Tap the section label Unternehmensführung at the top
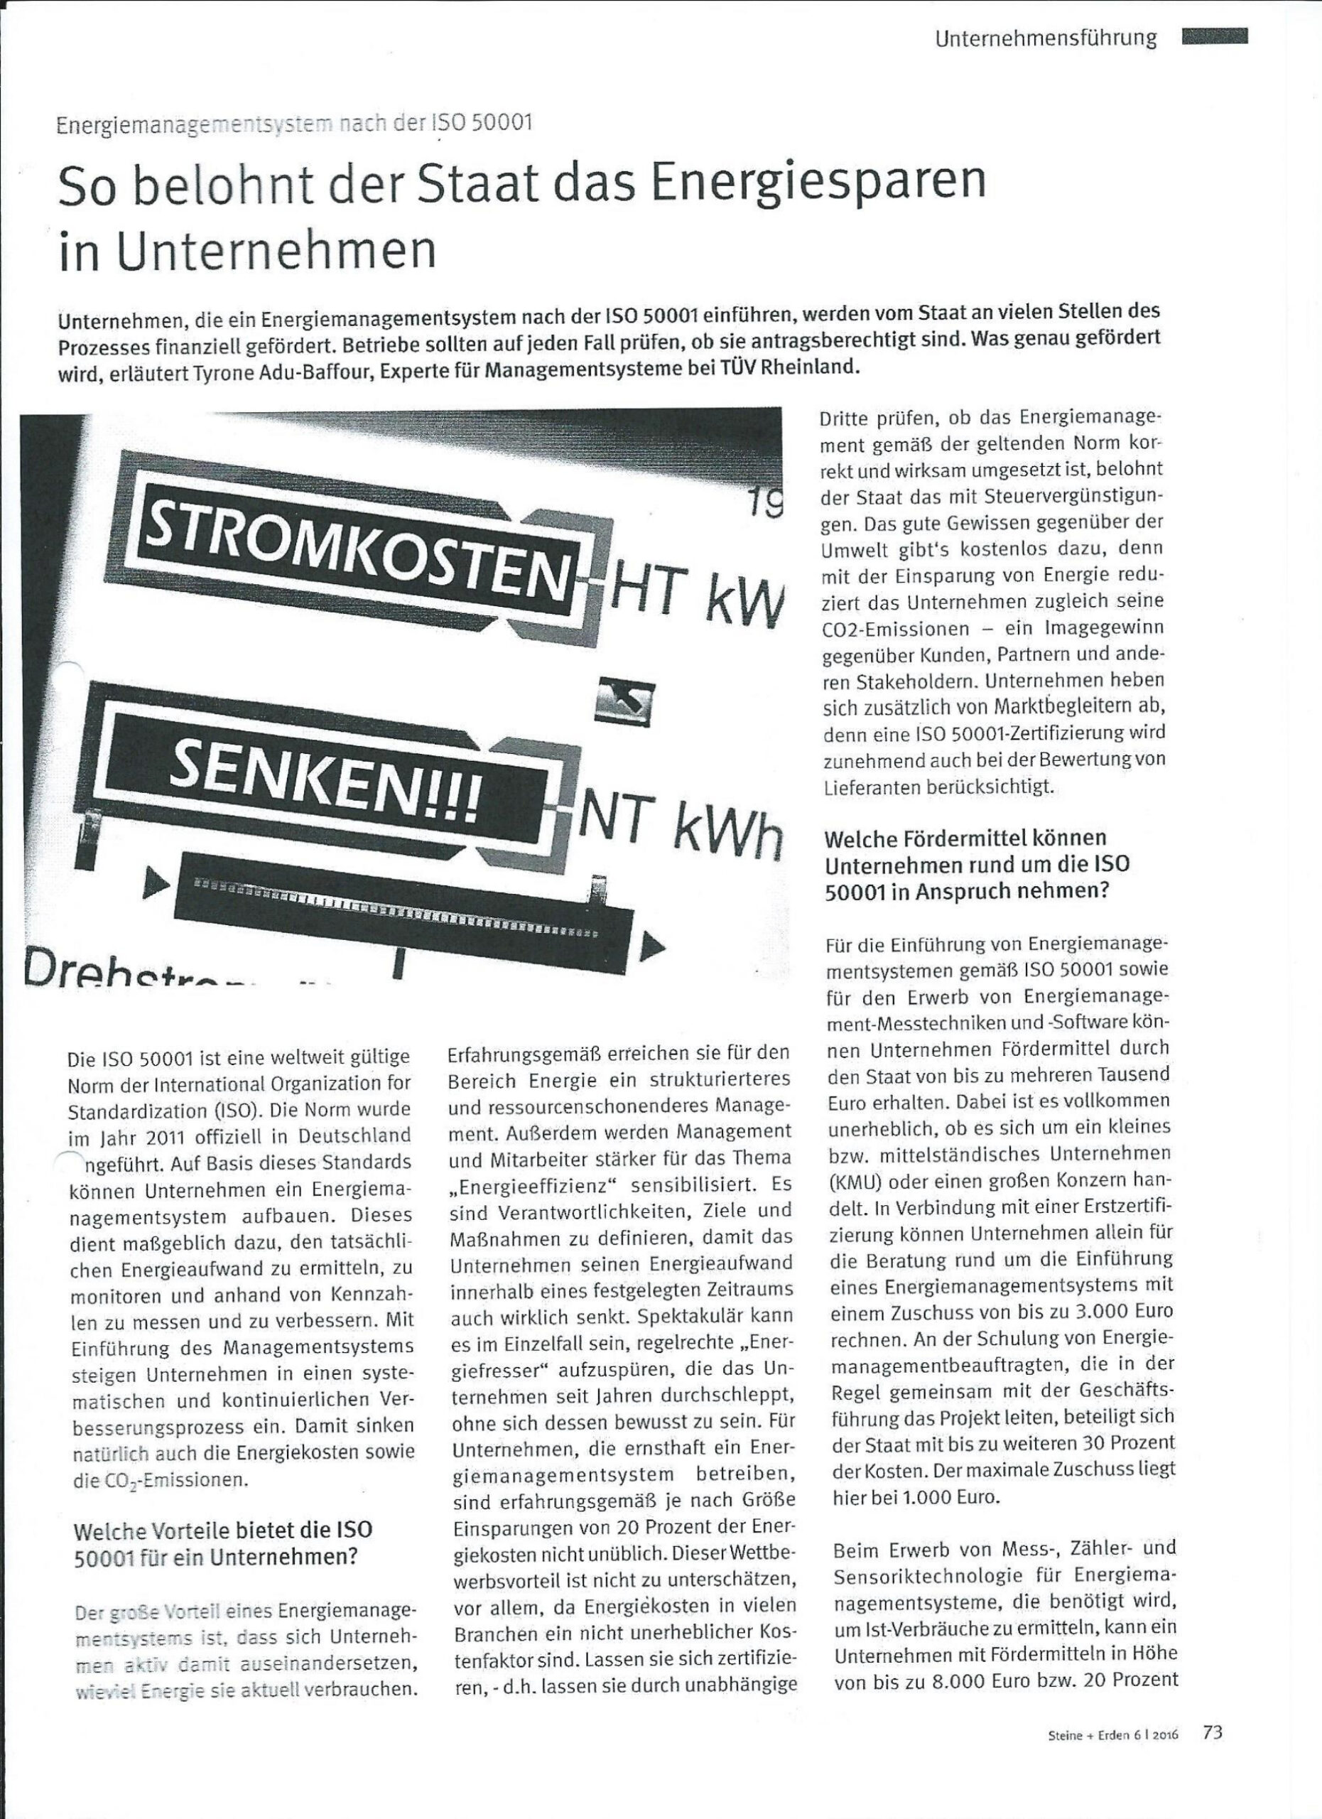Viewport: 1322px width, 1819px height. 1046,37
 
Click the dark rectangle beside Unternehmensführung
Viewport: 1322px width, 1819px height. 1215,36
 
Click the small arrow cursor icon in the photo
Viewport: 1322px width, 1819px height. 626,702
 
